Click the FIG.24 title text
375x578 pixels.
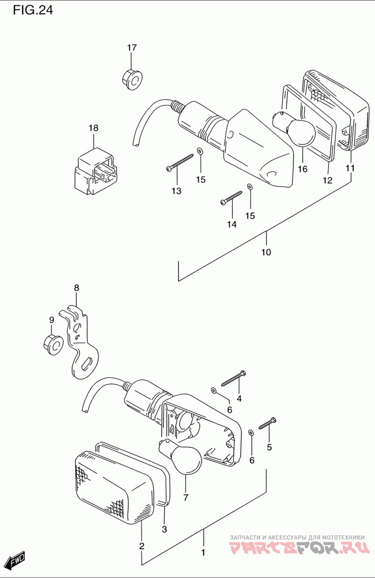click(x=33, y=10)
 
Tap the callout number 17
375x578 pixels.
click(x=132, y=48)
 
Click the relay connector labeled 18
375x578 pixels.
click(x=95, y=171)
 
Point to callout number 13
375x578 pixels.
click(x=177, y=191)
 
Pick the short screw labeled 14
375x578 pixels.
click(x=232, y=198)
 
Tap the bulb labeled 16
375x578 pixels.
click(x=294, y=127)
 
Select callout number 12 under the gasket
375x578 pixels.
click(x=328, y=180)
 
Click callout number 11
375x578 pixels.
click(x=350, y=168)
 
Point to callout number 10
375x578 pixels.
click(x=266, y=252)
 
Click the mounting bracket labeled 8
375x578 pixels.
click(x=80, y=342)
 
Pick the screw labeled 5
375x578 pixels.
click(x=268, y=423)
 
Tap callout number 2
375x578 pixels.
click(x=142, y=546)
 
